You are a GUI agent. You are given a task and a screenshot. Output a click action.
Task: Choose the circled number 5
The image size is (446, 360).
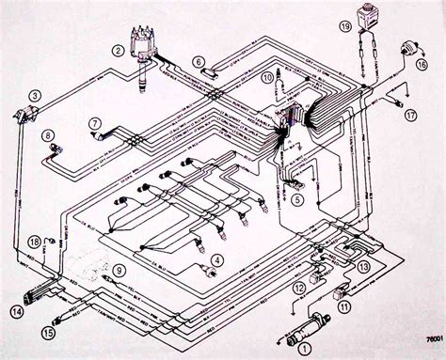click(x=298, y=199)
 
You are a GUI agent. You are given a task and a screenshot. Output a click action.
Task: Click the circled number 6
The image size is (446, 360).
click(x=199, y=63)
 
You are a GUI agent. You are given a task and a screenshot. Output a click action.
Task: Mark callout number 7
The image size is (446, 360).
click(x=95, y=124)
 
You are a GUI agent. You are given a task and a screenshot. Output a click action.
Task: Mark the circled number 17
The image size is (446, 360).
click(x=410, y=114)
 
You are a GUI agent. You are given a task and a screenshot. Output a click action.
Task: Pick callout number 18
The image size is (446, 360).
click(x=35, y=242)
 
